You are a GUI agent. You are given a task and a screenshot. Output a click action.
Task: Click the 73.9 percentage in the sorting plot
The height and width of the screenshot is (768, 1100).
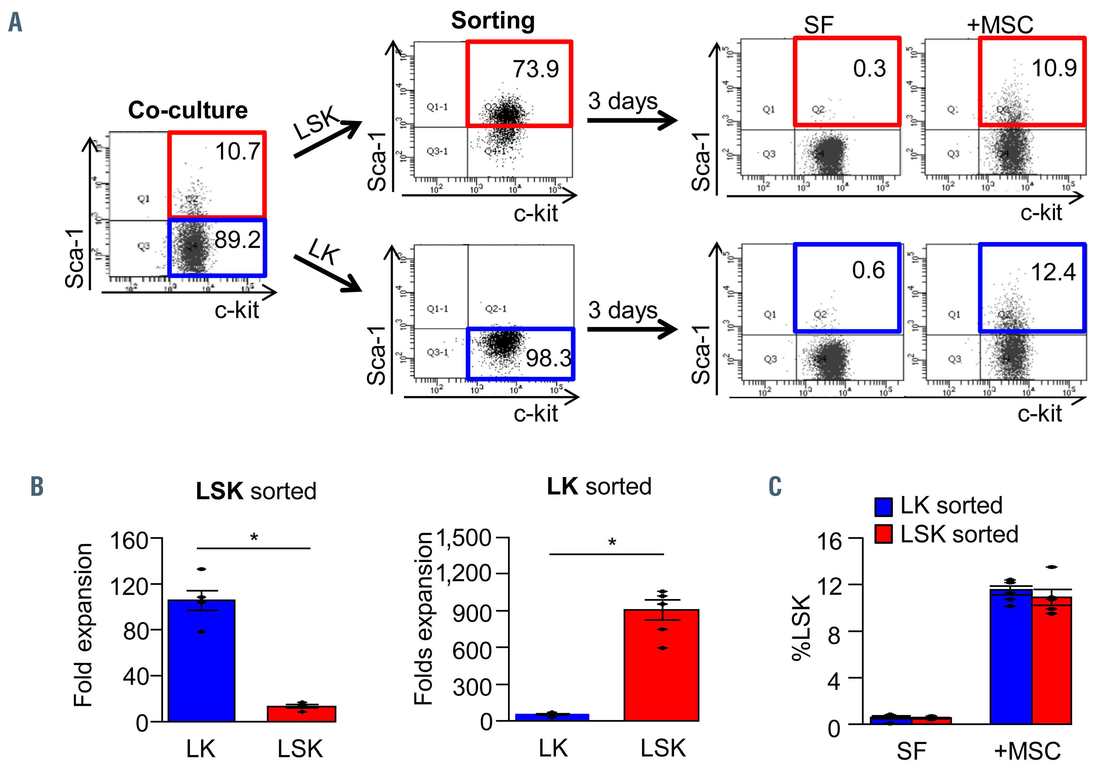(536, 69)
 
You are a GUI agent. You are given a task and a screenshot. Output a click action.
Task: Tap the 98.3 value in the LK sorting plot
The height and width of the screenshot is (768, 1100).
(549, 358)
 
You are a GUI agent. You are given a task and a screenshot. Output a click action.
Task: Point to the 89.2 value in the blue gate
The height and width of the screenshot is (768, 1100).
(238, 240)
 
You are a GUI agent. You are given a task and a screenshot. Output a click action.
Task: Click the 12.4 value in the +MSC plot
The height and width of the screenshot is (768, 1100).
(1053, 272)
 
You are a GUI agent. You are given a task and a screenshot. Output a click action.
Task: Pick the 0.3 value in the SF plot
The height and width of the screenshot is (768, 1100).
(870, 68)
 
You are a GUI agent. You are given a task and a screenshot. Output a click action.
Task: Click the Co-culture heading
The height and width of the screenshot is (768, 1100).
(188, 110)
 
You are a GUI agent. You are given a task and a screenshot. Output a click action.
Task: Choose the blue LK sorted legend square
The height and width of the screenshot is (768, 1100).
(883, 507)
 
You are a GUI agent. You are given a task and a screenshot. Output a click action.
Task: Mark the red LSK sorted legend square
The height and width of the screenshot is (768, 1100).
(883, 534)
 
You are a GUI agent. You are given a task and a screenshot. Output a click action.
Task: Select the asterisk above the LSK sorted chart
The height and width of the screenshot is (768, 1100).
(254, 538)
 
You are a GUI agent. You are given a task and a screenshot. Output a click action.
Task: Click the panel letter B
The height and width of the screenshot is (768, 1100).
(37, 487)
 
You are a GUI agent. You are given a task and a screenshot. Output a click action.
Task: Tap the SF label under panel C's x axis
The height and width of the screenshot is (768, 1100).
(911, 751)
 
